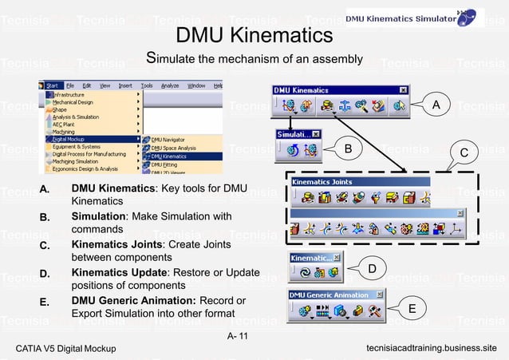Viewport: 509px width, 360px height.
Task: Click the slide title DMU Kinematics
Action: (x=254, y=36)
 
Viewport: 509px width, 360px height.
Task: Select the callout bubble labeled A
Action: (x=436, y=105)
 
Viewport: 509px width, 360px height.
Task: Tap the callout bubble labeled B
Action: (x=348, y=148)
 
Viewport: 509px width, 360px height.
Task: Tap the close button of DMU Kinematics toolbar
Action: (x=403, y=90)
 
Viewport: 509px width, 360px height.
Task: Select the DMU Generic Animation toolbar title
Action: (x=329, y=295)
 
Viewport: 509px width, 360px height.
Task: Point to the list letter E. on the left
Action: (x=46, y=303)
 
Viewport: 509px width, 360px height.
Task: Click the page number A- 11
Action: (x=238, y=334)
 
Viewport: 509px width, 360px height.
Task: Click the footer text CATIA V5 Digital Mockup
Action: (x=65, y=349)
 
